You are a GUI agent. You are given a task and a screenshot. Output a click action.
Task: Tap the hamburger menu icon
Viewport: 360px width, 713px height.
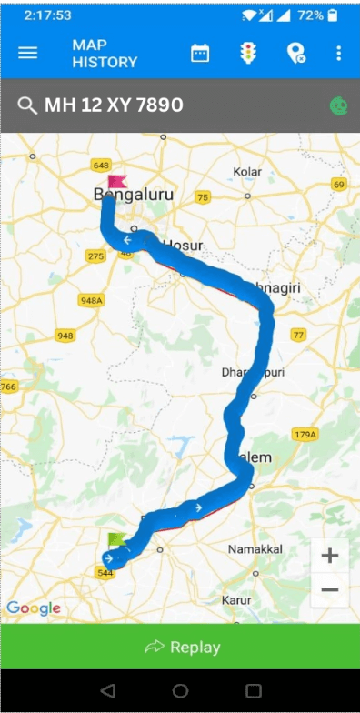coord(28,53)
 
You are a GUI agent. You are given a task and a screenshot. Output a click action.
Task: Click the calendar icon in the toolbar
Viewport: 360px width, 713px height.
coord(200,54)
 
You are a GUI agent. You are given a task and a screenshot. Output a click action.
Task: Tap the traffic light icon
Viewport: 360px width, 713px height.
coord(246,54)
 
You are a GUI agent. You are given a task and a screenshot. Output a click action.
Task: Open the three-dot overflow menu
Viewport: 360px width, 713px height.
coord(338,54)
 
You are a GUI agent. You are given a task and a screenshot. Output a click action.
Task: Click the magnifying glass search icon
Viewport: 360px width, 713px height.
coord(27,105)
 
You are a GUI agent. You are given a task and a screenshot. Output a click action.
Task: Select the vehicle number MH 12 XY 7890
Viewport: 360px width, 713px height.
coord(114,105)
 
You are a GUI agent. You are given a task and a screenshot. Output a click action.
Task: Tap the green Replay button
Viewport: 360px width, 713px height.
coord(180,647)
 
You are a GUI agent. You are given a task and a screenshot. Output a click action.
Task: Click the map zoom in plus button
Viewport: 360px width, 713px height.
coord(330,555)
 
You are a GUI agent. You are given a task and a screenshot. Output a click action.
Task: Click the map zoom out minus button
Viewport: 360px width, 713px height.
coord(330,590)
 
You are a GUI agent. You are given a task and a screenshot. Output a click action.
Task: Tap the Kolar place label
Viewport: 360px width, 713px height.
coord(247,171)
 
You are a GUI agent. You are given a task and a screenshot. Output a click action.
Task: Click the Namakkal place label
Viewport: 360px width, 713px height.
coord(256,549)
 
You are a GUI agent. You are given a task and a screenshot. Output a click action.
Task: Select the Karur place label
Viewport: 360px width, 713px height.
coord(235,600)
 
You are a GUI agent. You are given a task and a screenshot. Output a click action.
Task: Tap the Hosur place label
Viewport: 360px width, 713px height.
coord(183,246)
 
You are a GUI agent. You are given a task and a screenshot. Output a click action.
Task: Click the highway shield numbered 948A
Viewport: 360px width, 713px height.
coord(91,299)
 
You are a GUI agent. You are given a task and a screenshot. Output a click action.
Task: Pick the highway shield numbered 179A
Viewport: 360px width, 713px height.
coord(304,436)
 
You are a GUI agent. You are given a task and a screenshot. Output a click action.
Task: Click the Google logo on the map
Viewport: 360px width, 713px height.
coord(34,608)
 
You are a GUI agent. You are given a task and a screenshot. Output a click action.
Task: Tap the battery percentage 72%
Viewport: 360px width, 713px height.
coord(309,15)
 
